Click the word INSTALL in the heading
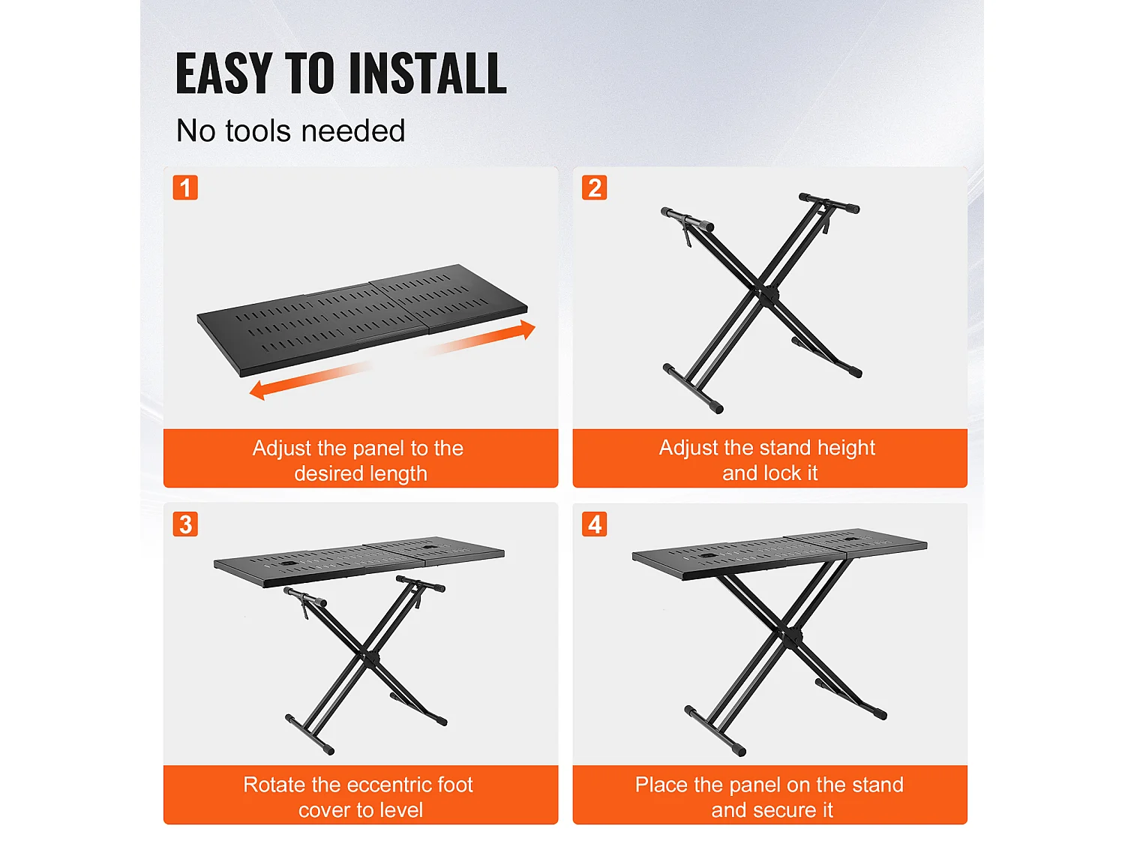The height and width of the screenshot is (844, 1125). [x=428, y=74]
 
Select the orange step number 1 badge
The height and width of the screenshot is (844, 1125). [x=185, y=188]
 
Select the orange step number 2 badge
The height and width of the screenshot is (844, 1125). [x=594, y=188]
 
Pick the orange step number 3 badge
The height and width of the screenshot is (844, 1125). [x=185, y=524]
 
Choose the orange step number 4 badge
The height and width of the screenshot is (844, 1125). [x=594, y=524]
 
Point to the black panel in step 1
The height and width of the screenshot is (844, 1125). [x=360, y=318]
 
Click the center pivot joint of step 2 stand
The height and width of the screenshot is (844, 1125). [x=766, y=292]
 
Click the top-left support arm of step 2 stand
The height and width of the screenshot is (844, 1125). [x=687, y=219]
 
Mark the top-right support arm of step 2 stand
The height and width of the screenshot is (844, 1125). [x=829, y=203]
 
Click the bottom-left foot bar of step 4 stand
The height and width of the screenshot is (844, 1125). [x=715, y=731]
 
